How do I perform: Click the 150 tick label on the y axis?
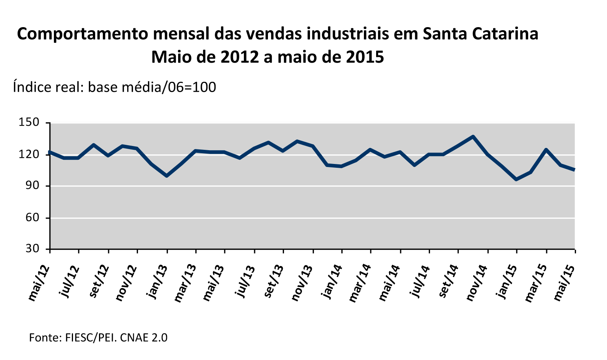pyautogui.click(x=29, y=123)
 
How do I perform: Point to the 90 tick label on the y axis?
pyautogui.click(x=32, y=186)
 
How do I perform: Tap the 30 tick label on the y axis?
pyautogui.click(x=32, y=249)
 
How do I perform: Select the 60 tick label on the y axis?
pyautogui.click(x=32, y=217)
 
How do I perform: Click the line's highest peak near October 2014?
pyautogui.click(x=473, y=136)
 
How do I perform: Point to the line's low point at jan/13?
pyautogui.click(x=167, y=176)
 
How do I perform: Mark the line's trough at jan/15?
pyautogui.click(x=517, y=179)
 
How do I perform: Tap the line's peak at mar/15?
pyautogui.click(x=546, y=150)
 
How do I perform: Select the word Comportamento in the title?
pyautogui.click(x=80, y=34)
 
